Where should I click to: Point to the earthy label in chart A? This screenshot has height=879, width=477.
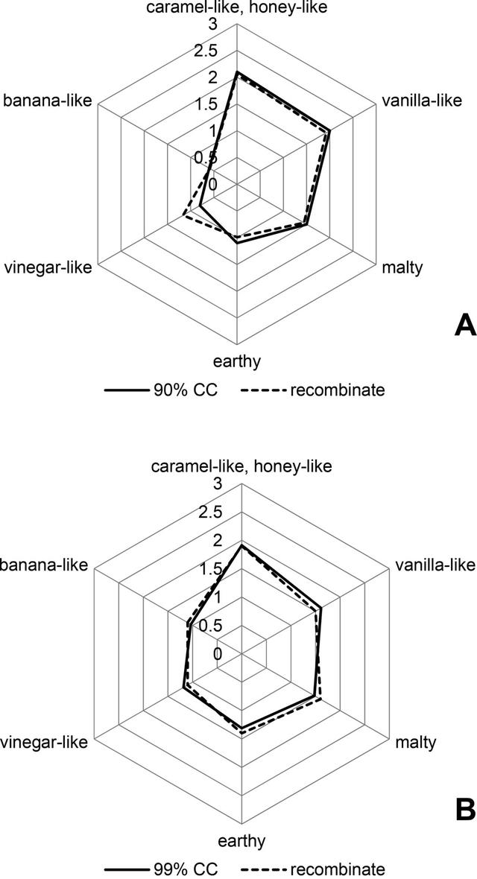[x=237, y=362]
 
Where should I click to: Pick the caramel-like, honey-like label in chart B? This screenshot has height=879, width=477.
[x=240, y=467]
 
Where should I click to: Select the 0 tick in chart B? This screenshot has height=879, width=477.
[x=217, y=653]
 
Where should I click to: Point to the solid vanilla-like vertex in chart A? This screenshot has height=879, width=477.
[x=329, y=132]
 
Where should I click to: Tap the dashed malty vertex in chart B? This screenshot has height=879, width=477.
[x=320, y=699]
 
